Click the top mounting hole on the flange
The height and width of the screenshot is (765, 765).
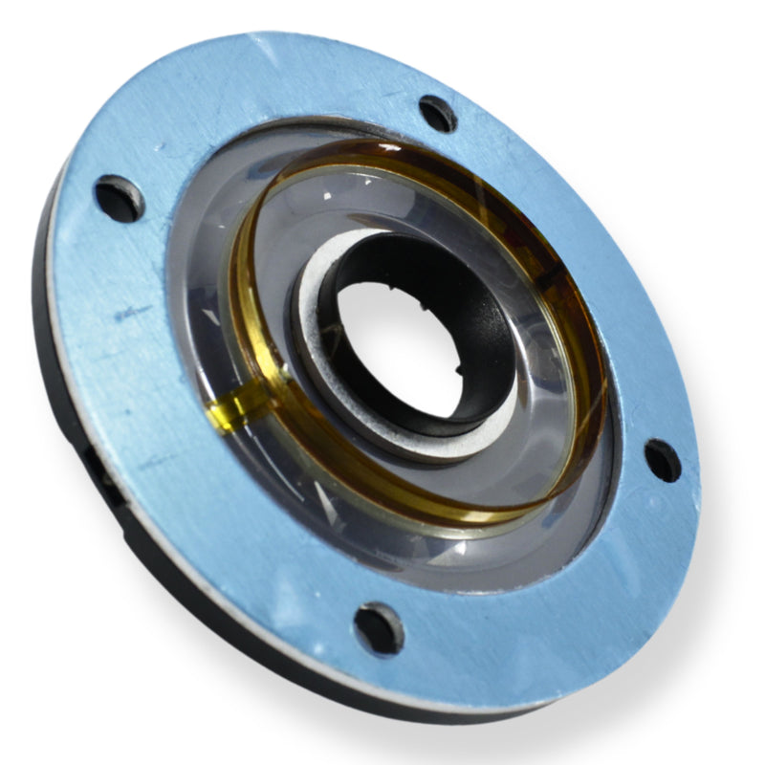pos(438,113)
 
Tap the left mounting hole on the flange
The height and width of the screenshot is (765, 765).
pos(120,198)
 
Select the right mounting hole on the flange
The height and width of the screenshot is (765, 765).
pos(662,460)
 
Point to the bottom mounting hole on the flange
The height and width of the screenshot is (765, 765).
pos(379,627)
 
